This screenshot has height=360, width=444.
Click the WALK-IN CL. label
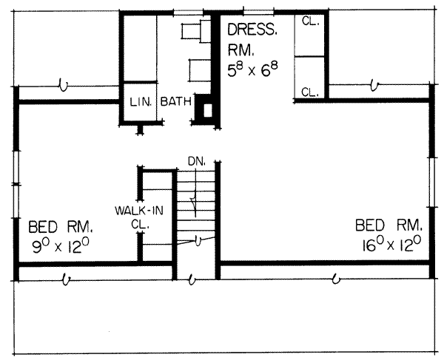[x=133, y=215]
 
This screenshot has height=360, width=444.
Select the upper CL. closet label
[x=310, y=21]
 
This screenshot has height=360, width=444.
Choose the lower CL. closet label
[x=310, y=92]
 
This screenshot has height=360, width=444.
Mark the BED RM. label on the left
[x=59, y=225]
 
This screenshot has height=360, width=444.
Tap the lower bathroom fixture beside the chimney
[x=198, y=70]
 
